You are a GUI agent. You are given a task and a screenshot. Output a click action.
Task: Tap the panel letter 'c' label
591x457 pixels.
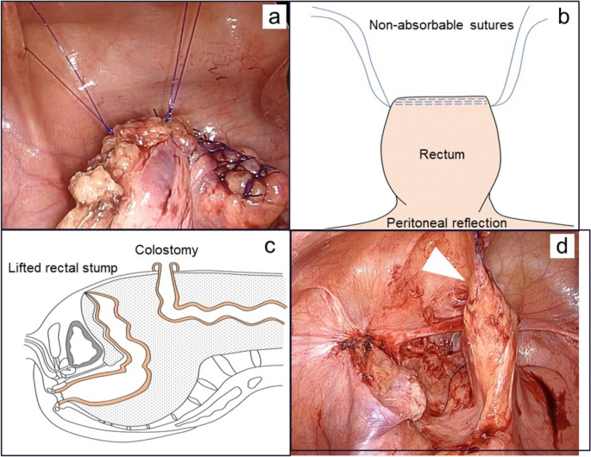(x=269, y=247)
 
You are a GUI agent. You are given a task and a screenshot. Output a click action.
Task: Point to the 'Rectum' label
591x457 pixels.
(x=442, y=154)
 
